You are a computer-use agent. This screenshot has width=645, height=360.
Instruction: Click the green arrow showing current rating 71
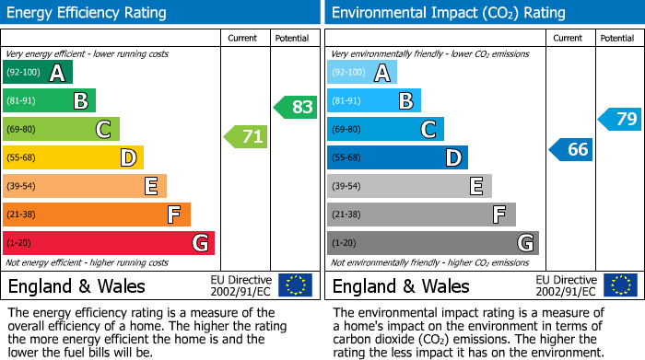coord(246,137)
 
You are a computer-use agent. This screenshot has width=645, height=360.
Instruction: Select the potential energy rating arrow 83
coord(295,107)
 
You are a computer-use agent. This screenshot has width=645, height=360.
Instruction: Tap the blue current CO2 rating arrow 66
coord(570,149)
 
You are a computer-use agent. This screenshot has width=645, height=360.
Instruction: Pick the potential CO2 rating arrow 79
coord(620,119)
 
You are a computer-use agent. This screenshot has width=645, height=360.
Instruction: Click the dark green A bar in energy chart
coord(38,73)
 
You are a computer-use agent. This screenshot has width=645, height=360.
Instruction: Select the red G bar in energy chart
coord(109,243)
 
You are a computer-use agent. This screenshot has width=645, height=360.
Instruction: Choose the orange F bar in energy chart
coord(97,215)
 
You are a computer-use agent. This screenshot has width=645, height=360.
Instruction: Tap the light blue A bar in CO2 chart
coord(362,73)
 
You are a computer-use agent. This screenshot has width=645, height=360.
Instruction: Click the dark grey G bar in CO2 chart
coord(433,243)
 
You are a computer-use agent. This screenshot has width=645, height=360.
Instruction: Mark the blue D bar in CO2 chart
coord(397,158)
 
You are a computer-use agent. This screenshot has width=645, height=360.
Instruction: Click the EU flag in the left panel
coord(295,285)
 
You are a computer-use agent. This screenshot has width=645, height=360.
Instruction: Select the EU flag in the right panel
coord(619,285)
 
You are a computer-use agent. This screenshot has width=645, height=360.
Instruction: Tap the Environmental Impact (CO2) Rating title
coord(448,13)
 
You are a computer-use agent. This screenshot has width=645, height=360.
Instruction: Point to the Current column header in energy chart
coord(242,38)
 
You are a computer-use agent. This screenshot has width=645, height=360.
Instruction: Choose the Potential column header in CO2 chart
coord(616,38)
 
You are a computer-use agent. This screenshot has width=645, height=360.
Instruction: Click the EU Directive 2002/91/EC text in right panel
coord(566,285)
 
